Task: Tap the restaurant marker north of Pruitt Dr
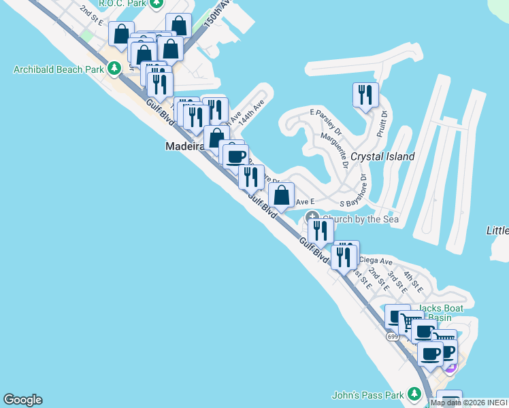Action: pyautogui.click(x=365, y=95)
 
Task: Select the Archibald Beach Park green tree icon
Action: pyautogui.click(x=114, y=68)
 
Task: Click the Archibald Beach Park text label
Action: pyautogui.click(x=59, y=69)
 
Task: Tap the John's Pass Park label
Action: pyautogui.click(x=367, y=394)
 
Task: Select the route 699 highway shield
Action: pyautogui.click(x=393, y=335)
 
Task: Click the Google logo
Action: pyautogui.click(x=22, y=400)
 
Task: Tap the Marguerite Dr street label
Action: pyautogui.click(x=339, y=149)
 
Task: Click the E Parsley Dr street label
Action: pyautogui.click(x=326, y=120)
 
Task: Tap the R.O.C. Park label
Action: pyautogui.click(x=124, y=3)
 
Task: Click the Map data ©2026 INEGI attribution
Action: pyautogui.click(x=469, y=403)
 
